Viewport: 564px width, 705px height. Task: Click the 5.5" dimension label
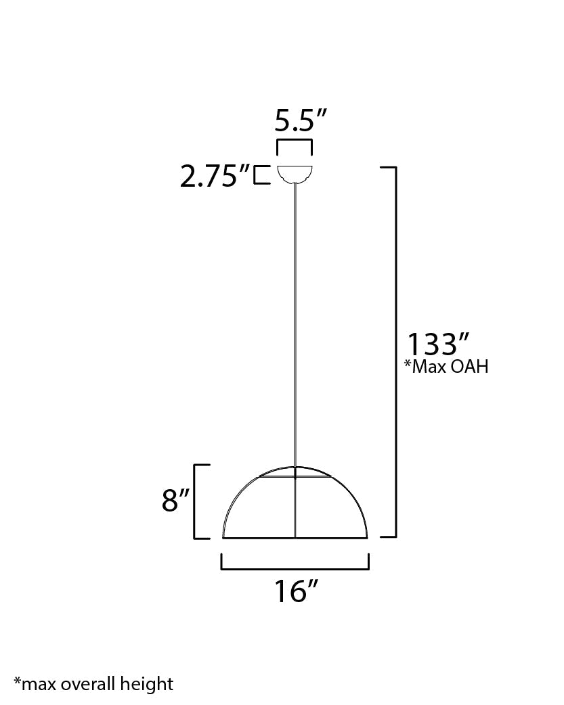[x=300, y=120]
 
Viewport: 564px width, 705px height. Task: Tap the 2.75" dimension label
[x=215, y=176]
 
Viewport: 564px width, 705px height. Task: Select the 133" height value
[x=438, y=344]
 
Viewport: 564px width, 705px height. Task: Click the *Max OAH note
[x=446, y=367]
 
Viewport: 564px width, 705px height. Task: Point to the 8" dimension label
[x=175, y=501]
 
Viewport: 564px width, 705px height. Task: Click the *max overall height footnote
[x=93, y=684]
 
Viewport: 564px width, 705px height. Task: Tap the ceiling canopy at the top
[x=295, y=175]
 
